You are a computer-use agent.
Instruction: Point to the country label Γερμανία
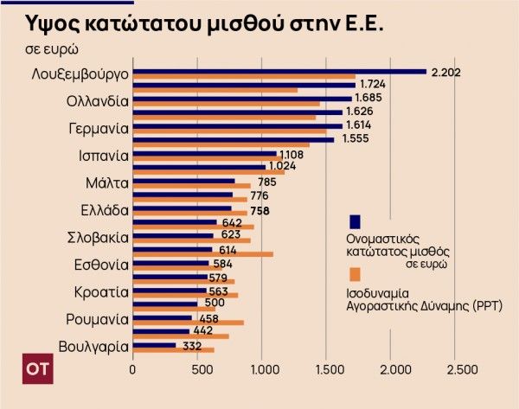(x=99, y=128)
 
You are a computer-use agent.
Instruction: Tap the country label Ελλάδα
(x=105, y=209)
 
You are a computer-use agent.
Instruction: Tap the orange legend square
(x=355, y=274)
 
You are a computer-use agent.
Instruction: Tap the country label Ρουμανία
(x=98, y=319)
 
